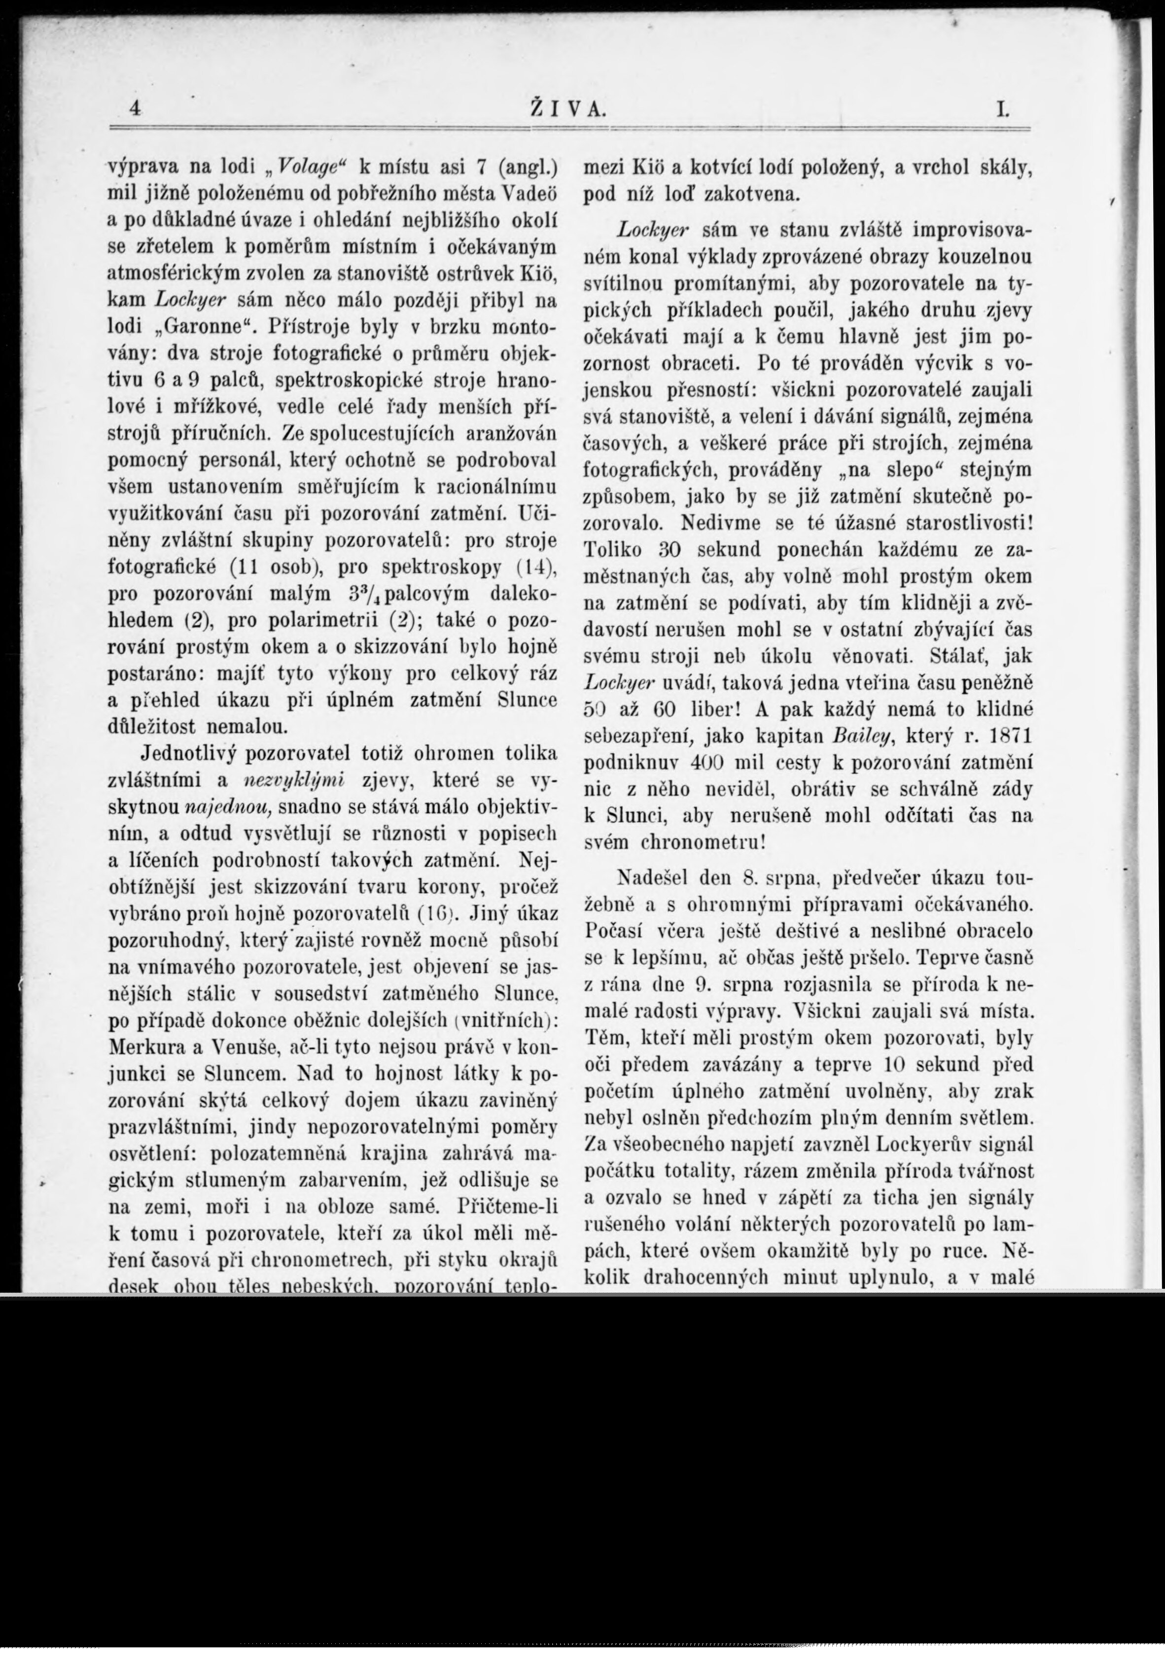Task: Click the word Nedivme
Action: point(722,522)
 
